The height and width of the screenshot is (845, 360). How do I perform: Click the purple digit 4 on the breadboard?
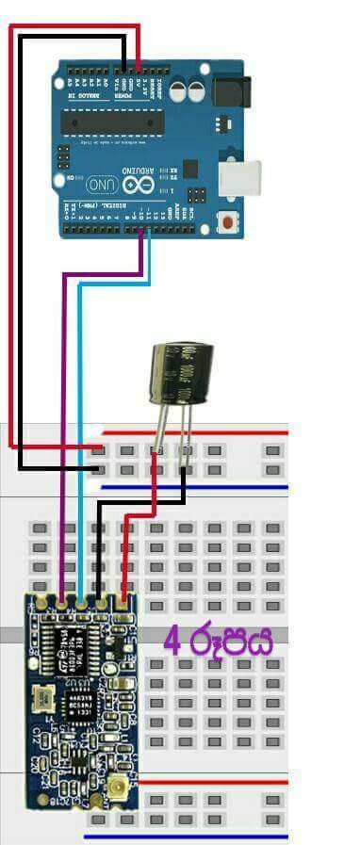click(172, 642)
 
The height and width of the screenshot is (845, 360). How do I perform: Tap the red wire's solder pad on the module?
click(122, 599)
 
